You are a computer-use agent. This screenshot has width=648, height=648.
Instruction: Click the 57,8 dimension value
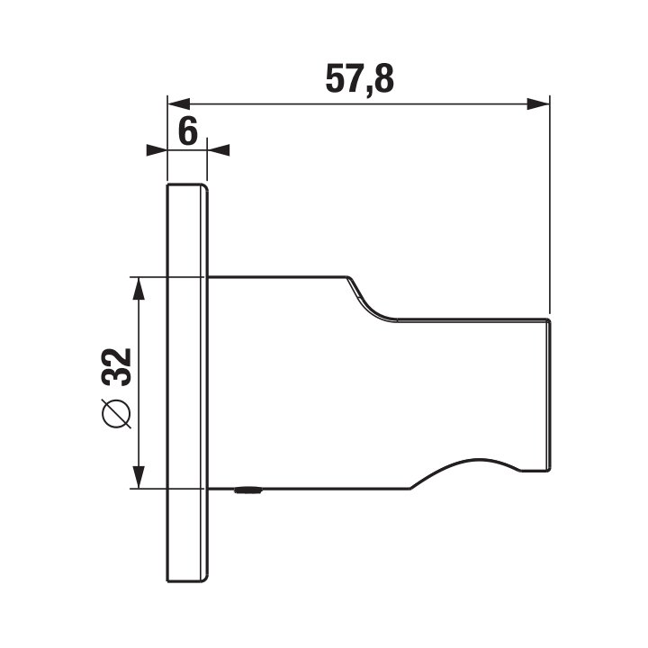359,78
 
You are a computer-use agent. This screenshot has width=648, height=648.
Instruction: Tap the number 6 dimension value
188,131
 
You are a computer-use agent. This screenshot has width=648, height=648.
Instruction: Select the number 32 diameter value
117,367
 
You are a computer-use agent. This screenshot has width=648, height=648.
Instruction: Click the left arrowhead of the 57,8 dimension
179,104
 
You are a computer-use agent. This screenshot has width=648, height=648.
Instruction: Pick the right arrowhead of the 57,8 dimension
538,104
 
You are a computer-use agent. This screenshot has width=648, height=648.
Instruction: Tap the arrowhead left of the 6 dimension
157,150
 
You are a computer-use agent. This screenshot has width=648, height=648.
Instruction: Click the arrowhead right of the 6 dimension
218,150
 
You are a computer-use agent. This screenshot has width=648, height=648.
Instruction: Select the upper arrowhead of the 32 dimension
139,288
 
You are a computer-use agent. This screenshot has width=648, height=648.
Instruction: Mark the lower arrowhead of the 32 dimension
139,477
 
